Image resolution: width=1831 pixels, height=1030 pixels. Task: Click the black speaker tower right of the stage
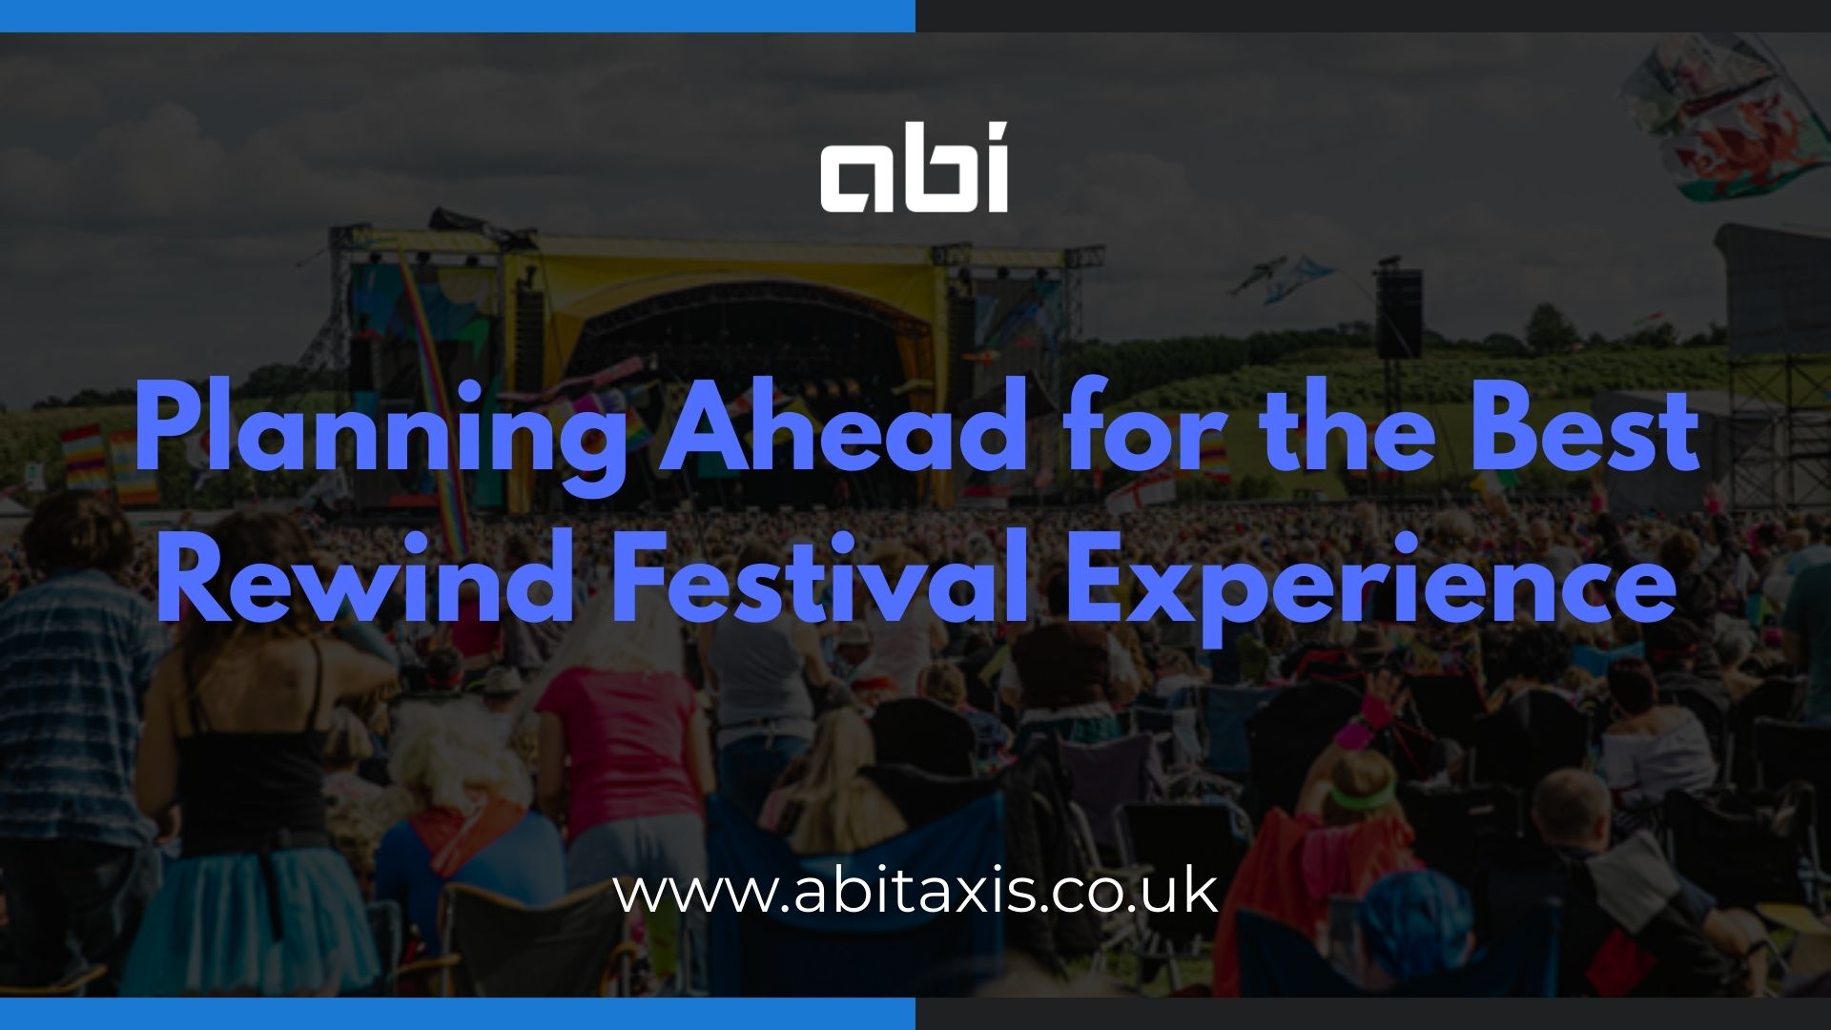point(1398,314)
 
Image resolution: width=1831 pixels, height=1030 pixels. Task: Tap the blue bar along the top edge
point(458,15)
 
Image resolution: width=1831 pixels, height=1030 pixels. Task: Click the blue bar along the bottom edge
point(458,1014)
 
